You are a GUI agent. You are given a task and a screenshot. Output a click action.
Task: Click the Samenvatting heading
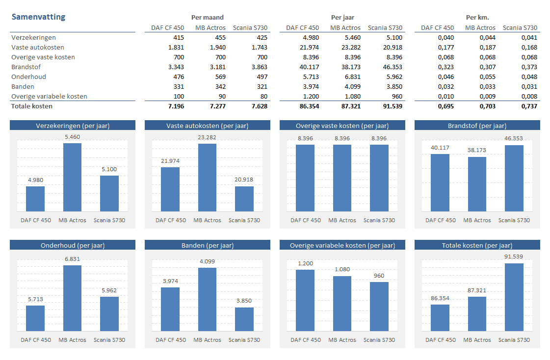[38, 17]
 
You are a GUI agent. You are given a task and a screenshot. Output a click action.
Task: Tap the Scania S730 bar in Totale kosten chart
[514, 297]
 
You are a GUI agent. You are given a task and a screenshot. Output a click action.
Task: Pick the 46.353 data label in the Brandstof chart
[514, 138]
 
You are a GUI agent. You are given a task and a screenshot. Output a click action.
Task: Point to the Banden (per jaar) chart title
[208, 245]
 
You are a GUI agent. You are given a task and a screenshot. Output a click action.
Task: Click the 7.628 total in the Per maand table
[259, 106]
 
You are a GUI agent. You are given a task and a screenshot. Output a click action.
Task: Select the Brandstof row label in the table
[26, 67]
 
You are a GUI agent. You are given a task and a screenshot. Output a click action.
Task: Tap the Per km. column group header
[477, 18]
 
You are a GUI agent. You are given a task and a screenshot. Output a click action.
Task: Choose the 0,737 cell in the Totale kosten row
[529, 106]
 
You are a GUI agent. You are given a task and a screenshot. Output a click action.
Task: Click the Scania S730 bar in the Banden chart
[244, 319]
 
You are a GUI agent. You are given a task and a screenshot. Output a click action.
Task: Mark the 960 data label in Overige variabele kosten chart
[379, 276]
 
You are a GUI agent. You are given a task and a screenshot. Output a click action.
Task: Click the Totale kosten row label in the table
[32, 106]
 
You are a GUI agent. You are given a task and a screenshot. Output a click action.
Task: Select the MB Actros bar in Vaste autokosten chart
[207, 177]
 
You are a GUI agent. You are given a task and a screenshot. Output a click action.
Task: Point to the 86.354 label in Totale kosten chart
[440, 298]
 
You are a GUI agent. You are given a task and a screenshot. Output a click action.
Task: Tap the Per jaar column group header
[342, 18]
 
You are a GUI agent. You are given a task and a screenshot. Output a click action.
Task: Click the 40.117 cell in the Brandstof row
[309, 67]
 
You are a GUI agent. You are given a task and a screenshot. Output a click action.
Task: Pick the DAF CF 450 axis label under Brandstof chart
[441, 220]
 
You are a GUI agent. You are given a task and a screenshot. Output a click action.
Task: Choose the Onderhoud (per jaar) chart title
[73, 245]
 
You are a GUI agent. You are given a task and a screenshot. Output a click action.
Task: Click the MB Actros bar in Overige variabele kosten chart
[342, 303]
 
